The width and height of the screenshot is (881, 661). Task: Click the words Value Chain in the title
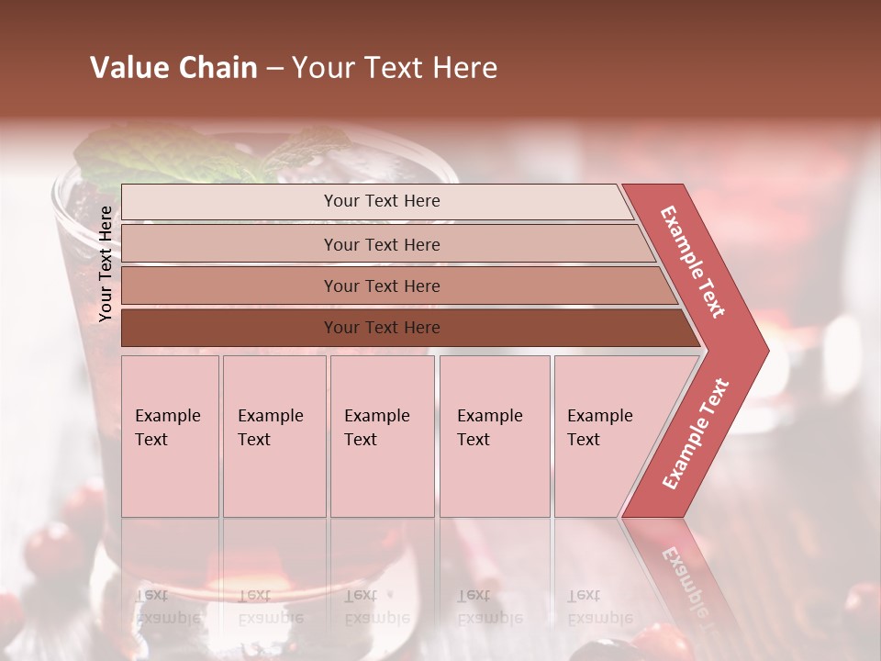pos(173,68)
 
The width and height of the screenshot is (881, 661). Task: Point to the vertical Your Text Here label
pos(106,263)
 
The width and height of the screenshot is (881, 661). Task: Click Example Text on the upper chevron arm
pos(693,261)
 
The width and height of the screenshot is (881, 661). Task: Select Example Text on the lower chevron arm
pos(696,433)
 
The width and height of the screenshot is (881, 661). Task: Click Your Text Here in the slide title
pos(395,68)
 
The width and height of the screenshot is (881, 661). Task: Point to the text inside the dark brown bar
pos(382,328)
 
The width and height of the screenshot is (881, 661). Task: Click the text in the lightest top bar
pos(382,201)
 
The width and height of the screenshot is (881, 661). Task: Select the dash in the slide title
pos(274,69)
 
